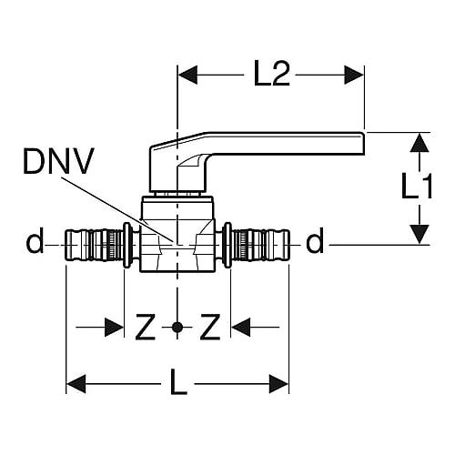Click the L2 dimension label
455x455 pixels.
click(271, 74)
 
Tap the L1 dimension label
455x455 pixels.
click(417, 186)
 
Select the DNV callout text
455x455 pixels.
click(59, 161)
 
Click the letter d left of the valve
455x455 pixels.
click(35, 240)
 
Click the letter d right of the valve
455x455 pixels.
click(315, 240)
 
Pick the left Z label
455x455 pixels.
click(146, 327)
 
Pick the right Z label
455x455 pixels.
click(210, 327)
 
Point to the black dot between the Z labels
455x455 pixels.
click(177, 328)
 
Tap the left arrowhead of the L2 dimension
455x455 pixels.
click(187, 75)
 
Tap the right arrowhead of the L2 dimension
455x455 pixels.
click(354, 75)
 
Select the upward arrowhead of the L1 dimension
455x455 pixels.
click(420, 143)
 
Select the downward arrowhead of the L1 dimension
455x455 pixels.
click(420, 234)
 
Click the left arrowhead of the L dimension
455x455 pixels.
click(76, 384)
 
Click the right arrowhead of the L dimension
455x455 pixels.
click(278, 384)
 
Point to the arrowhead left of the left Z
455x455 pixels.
click(114, 328)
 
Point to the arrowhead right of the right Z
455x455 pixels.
click(241, 328)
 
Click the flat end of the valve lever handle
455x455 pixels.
click(363, 144)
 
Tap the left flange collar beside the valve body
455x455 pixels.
click(127, 245)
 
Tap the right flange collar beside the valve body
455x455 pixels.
click(227, 245)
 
